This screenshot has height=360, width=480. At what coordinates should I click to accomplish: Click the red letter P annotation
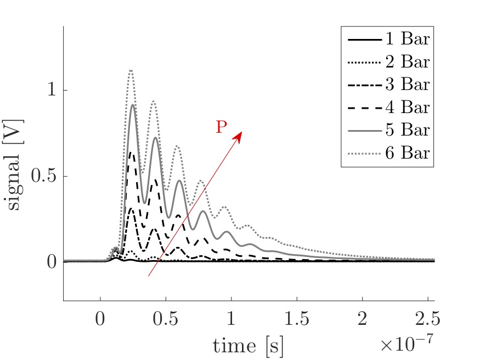tap(221, 127)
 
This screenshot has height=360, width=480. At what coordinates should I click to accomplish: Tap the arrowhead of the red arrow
tap(239, 134)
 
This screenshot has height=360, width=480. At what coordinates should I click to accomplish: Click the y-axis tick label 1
tap(51, 91)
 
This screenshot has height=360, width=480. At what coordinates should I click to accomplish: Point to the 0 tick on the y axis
tap(51, 262)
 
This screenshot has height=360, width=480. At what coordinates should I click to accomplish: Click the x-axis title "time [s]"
tap(248, 346)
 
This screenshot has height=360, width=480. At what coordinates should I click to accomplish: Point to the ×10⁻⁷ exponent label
tap(406, 344)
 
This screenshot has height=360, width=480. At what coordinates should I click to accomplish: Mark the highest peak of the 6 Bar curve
tap(131, 70)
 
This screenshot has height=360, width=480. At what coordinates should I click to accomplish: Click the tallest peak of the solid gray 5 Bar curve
tap(133, 105)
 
